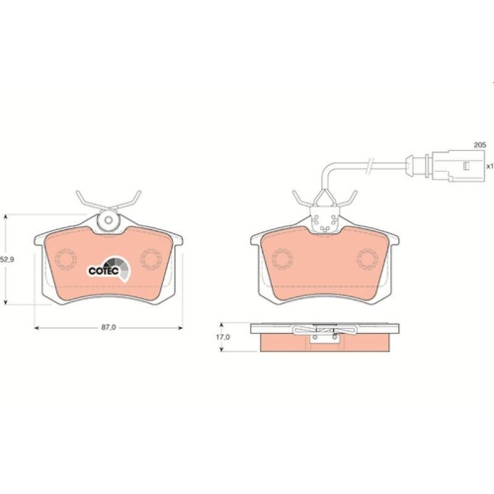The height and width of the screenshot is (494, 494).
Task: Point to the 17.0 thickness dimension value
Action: tap(223, 337)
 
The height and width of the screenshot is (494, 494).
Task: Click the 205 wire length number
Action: tap(479, 145)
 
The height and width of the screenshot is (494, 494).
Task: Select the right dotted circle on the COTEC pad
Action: tap(151, 262)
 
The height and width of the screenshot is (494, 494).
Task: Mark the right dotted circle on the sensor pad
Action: tap(367, 262)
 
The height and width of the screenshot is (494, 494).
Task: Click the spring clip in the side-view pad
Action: tap(321, 331)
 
